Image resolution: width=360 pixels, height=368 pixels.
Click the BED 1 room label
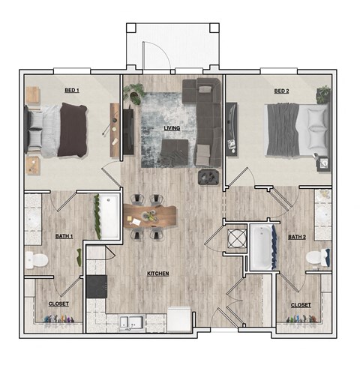click(x=72, y=91)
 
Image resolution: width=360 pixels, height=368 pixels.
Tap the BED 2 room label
click(x=281, y=91)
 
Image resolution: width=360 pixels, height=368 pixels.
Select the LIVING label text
click(x=172, y=128)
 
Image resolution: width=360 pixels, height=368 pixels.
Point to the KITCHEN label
click(x=157, y=274)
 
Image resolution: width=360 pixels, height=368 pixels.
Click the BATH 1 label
click(x=64, y=237)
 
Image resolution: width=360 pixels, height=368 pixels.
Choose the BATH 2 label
click(x=298, y=238)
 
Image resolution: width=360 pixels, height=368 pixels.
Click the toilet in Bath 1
click(x=36, y=260)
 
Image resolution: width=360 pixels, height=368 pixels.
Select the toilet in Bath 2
click(x=318, y=257)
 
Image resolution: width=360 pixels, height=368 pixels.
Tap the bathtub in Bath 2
click(x=262, y=246)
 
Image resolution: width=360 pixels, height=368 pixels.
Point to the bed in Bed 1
click(x=60, y=130)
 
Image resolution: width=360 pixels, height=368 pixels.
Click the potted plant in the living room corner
click(x=135, y=93)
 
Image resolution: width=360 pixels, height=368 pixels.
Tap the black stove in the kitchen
click(x=96, y=286)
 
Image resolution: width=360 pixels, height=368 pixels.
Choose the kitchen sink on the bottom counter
click(x=132, y=323)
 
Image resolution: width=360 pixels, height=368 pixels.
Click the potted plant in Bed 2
click(x=323, y=95)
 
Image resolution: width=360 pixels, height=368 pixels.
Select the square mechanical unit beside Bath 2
click(x=236, y=238)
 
